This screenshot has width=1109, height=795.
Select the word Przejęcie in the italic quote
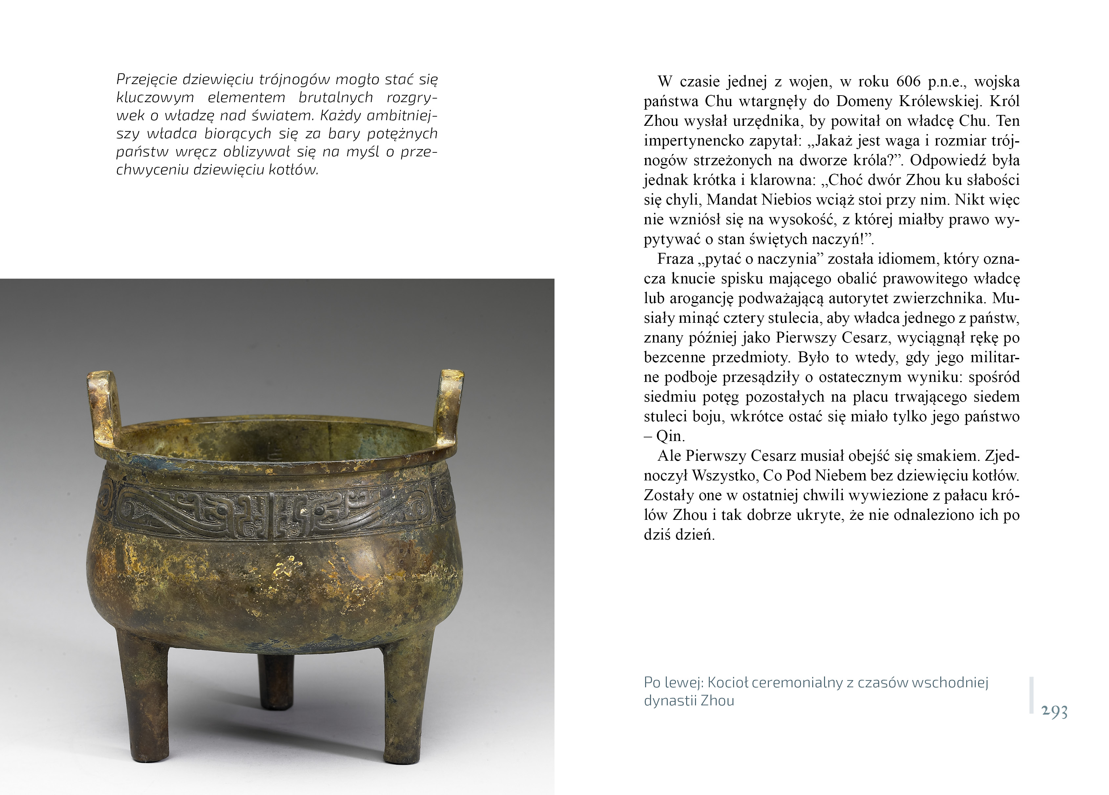coord(147,79)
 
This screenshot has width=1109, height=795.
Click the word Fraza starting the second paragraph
coord(676,259)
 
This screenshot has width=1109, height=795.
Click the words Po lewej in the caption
coord(673,682)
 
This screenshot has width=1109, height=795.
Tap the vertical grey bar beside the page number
coord(1031,695)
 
